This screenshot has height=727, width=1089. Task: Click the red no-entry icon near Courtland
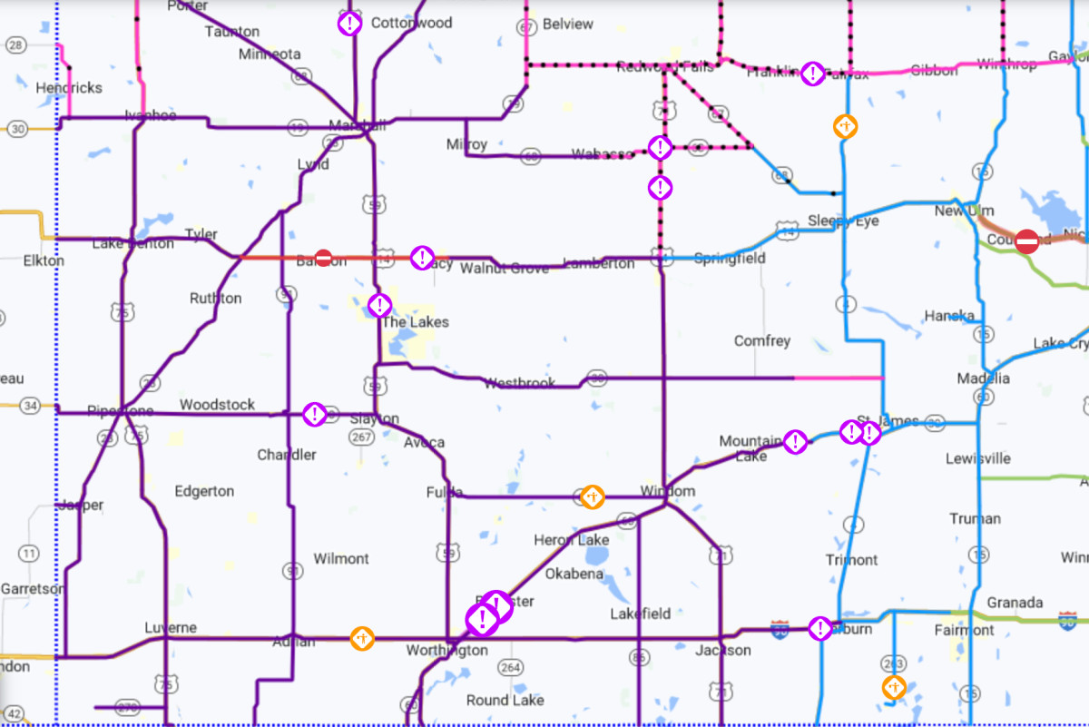click(x=1026, y=241)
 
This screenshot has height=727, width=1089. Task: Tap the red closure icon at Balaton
click(x=323, y=258)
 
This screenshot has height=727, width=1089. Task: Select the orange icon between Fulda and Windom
click(x=592, y=496)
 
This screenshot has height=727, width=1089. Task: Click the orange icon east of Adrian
click(x=362, y=638)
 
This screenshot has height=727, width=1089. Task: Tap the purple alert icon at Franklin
click(x=813, y=74)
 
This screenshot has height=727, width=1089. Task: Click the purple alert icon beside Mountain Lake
click(x=795, y=442)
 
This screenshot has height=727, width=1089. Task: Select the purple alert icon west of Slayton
click(x=314, y=415)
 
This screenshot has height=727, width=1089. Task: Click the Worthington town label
click(x=446, y=651)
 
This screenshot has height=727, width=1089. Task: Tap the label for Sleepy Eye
click(x=843, y=221)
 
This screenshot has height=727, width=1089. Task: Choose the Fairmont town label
click(x=964, y=630)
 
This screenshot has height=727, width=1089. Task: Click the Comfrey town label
click(x=762, y=341)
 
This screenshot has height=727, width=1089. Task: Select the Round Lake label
click(x=505, y=700)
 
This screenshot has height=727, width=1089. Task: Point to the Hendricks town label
click(x=69, y=88)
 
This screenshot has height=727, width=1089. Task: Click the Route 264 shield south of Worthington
click(x=511, y=669)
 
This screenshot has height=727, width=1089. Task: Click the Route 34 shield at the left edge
click(x=32, y=406)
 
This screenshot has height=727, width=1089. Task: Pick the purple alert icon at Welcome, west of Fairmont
click(x=820, y=628)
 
